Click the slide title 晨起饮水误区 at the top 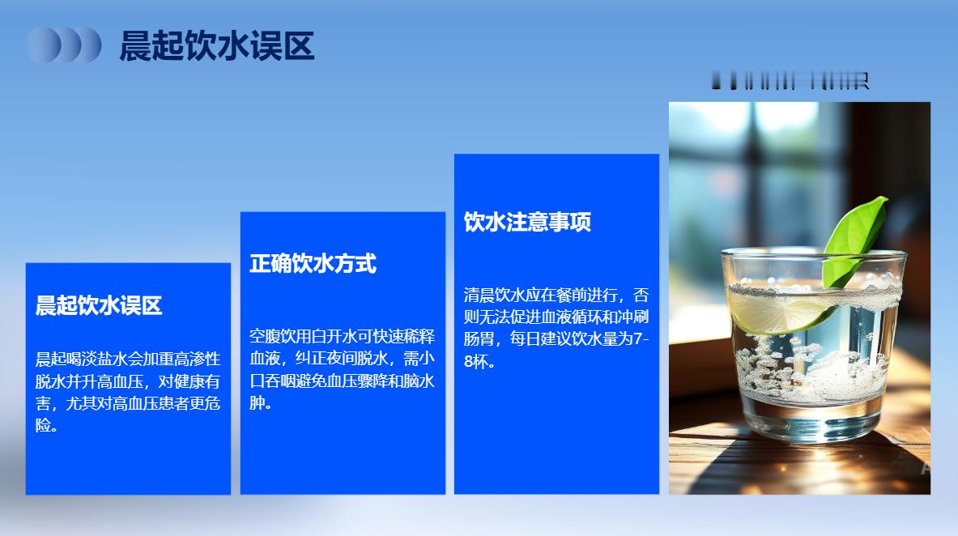[216, 46]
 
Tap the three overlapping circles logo [63, 45]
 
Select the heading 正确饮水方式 [313, 264]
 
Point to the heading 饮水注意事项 [527, 223]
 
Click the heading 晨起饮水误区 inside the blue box [99, 306]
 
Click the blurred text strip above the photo [790, 81]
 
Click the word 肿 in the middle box [258, 402]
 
